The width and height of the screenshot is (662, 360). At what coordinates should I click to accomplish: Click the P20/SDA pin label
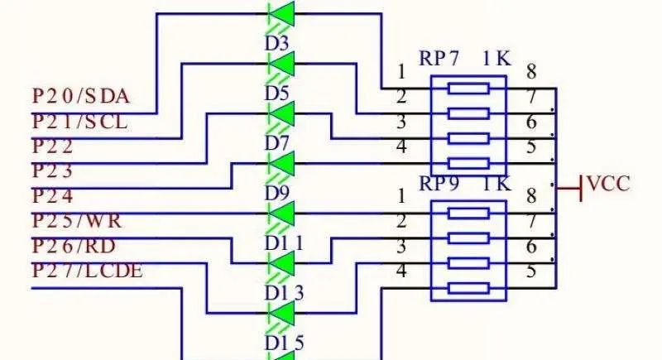point(81,96)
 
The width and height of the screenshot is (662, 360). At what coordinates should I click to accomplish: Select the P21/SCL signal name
point(79,122)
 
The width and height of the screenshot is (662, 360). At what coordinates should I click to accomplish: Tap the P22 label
point(53,147)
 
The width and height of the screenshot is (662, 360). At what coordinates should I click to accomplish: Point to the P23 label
point(53,172)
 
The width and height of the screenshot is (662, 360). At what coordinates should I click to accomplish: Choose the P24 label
point(53,197)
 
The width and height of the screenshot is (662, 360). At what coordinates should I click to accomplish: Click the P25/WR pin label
point(77,222)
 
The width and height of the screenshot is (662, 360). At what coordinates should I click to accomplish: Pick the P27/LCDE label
point(87,271)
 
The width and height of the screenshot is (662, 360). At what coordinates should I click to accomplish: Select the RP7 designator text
point(439,59)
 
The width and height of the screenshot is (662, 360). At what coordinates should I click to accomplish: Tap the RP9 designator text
point(439,184)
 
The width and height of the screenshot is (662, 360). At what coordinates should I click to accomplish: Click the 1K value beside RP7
point(497,59)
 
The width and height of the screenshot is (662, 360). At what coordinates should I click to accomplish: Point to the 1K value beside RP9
point(497,184)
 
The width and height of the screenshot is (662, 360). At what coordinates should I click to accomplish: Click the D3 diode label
point(277,42)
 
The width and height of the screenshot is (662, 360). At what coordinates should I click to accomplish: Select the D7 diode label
point(277,143)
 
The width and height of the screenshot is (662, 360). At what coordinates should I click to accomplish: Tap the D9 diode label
point(277,193)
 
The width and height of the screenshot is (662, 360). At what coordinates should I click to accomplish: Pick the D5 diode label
point(277,93)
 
